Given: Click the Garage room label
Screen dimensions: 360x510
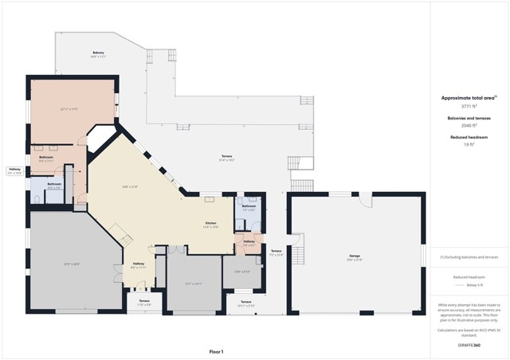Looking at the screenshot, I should [x=355, y=256].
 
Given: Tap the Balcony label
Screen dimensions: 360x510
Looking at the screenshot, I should [x=98, y=53].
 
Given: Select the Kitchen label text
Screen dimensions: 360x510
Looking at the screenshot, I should [x=211, y=224].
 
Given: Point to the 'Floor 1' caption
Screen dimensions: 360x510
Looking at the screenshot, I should [x=216, y=351].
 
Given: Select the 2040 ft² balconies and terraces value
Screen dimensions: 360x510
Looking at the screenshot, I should [x=469, y=125].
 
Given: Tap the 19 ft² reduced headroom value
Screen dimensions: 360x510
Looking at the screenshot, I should [x=469, y=145].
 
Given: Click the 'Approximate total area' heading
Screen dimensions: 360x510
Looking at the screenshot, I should [x=469, y=97].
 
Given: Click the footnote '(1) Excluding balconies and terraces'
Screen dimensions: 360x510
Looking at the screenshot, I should [x=469, y=257].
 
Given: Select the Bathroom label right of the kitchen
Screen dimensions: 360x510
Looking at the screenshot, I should [x=249, y=207].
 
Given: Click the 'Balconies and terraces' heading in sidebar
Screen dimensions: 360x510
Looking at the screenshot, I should [x=469, y=118].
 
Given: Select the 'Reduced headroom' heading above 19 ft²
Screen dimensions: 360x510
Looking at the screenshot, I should [x=469, y=138].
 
